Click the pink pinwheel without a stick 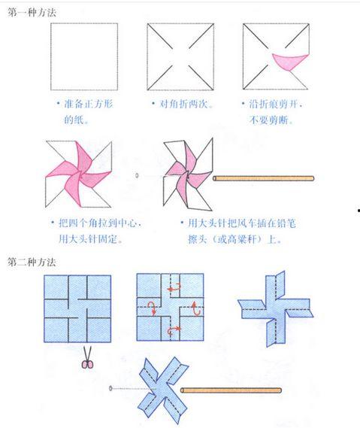point(78,173)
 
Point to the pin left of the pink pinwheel point(137,175)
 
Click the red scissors point(86,363)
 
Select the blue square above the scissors point(77,308)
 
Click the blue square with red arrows point(170,308)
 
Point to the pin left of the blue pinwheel point(111,388)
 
